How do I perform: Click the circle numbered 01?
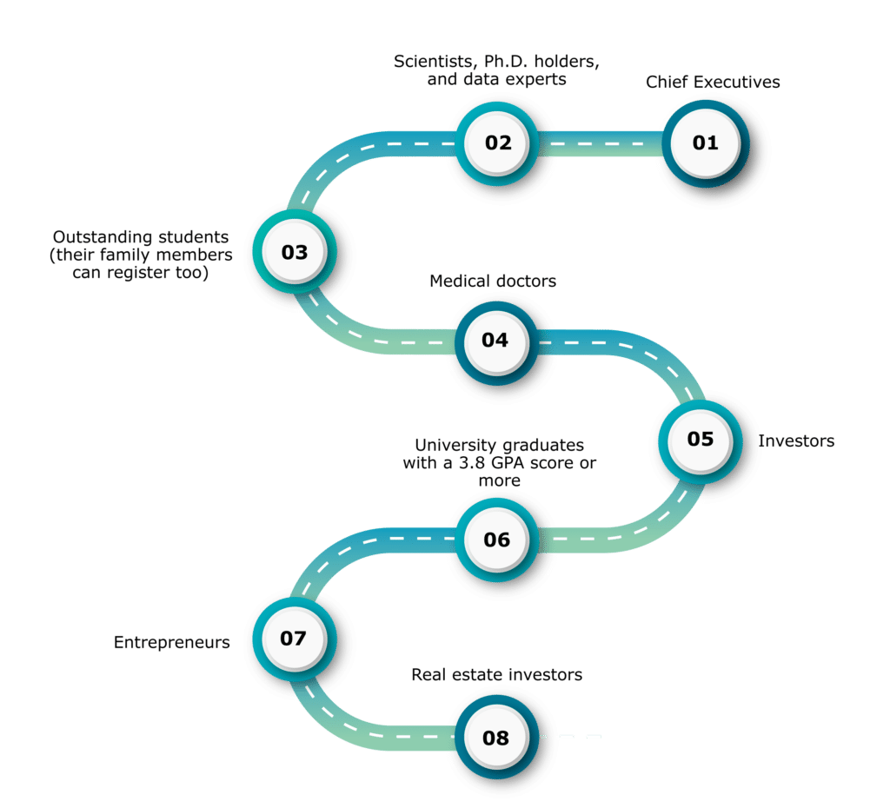point(706,143)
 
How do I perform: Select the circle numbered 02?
point(497,143)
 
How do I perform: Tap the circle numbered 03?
point(295,251)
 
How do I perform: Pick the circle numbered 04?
point(496,342)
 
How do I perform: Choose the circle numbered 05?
point(701,441)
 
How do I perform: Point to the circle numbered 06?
point(497,540)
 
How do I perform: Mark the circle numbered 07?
point(295,639)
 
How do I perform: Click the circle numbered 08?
point(496,738)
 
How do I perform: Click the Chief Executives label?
point(713,83)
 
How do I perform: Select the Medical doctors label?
point(493,281)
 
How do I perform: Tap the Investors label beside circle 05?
point(796,440)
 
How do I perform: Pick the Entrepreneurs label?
point(171,643)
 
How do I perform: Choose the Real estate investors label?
point(496,675)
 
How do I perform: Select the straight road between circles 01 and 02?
point(601,143)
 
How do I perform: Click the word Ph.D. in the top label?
point(507,62)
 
